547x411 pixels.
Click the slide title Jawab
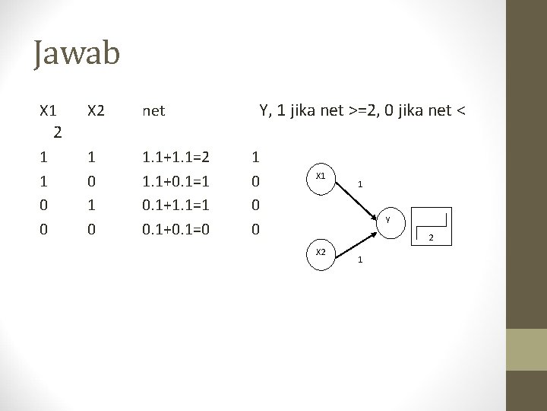77,55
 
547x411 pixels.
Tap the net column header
153,111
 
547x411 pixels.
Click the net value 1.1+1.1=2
176,158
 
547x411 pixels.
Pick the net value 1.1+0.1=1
176,182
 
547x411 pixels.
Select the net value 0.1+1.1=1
176,205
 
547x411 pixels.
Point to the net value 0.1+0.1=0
176,229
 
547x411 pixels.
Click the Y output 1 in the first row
256,158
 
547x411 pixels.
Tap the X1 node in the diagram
321,176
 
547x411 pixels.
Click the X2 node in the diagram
321,250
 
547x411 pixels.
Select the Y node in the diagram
387,220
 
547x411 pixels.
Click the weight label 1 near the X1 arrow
361,183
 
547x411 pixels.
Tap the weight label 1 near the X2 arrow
361,261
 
